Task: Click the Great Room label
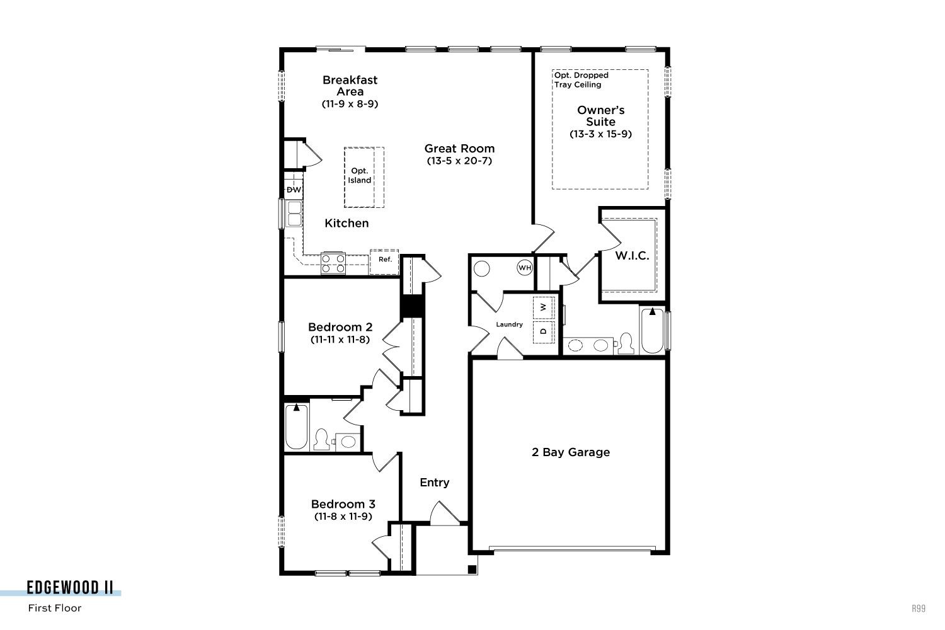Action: coord(459,149)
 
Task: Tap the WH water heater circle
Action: coord(525,268)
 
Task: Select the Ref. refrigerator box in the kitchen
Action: coord(384,262)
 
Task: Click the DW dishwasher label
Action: coord(294,190)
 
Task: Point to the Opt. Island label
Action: coord(360,176)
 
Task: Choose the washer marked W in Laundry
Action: coord(543,307)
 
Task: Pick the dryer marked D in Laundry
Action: coord(543,331)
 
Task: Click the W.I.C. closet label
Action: coord(632,256)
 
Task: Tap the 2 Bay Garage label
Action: coord(571,452)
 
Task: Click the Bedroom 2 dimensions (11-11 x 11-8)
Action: coord(340,340)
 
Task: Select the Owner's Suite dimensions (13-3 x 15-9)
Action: coord(601,134)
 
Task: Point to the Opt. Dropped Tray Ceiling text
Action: coord(581,80)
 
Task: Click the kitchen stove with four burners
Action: coord(333,263)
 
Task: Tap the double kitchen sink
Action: coord(294,214)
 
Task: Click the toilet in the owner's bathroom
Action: coord(626,343)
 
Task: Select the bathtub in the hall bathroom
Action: coord(297,427)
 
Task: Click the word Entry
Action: coord(435,483)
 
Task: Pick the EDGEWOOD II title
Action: coord(70,587)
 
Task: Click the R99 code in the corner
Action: coord(919,608)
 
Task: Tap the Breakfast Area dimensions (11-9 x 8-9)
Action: coord(350,104)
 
